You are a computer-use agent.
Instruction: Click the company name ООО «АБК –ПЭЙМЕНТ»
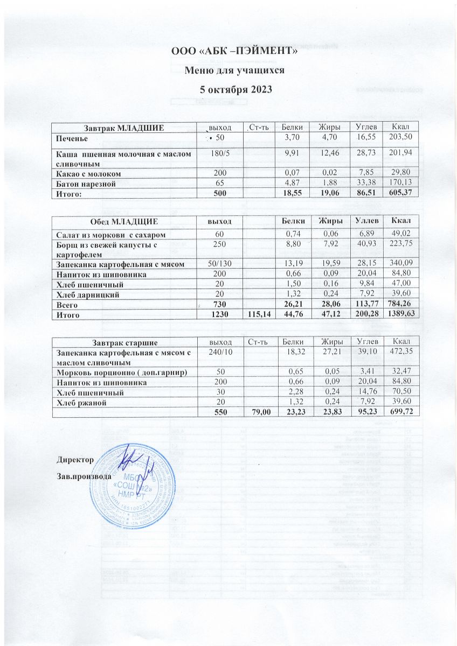click(x=234, y=52)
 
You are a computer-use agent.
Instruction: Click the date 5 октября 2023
click(x=234, y=88)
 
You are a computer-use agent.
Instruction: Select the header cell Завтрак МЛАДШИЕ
click(x=123, y=127)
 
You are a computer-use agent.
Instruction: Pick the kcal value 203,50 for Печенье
click(x=399, y=138)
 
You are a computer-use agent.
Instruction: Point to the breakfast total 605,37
click(x=399, y=193)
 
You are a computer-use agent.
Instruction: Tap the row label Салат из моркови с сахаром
click(x=107, y=235)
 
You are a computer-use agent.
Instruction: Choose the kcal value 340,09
click(x=399, y=264)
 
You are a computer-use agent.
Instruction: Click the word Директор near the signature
click(x=75, y=460)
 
